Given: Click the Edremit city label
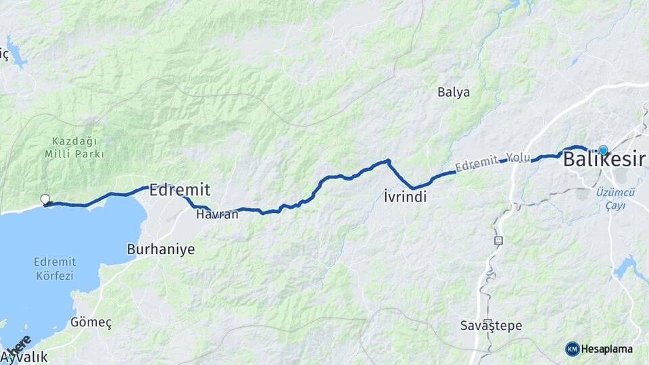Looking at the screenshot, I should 179,190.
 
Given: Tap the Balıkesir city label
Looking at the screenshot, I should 604,160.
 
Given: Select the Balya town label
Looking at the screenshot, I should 453,92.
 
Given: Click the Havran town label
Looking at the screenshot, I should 217,214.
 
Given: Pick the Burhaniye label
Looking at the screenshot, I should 161,249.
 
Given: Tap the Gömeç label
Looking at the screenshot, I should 91,322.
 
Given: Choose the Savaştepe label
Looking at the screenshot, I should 491,325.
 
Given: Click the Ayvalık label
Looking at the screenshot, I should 25,358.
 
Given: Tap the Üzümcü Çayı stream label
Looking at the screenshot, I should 616,199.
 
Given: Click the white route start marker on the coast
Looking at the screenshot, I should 45,199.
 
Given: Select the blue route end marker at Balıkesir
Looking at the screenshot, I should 603,151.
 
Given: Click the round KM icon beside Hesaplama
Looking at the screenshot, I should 572,349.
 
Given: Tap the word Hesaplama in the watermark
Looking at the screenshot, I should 606,349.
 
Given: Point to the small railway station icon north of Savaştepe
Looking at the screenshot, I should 499,240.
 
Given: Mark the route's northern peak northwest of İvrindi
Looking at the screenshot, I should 388,161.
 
